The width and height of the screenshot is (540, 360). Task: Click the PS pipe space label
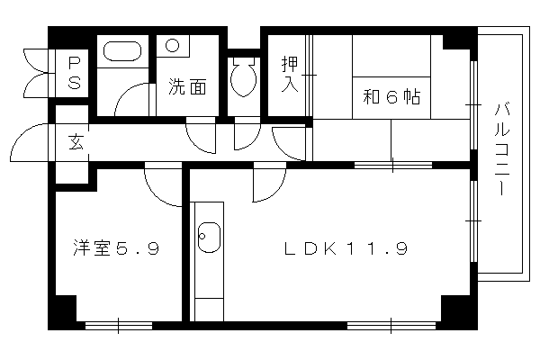click(75, 73)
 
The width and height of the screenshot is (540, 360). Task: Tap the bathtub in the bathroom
click(122, 51)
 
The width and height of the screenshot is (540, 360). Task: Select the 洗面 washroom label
click(187, 86)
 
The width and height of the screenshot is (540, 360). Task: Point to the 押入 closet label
click(290, 74)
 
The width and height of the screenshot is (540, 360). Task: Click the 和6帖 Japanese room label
click(391, 97)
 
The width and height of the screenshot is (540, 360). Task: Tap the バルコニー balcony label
click(503, 148)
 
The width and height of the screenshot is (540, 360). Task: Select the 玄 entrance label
click(76, 142)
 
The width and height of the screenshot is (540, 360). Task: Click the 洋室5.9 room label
click(116, 247)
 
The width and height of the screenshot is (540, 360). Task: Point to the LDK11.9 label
click(346, 248)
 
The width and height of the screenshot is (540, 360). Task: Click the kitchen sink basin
click(209, 237)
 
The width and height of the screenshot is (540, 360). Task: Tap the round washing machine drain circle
click(172, 45)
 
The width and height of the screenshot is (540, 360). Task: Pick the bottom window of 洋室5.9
click(119, 326)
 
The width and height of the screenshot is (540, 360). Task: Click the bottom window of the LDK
click(391, 326)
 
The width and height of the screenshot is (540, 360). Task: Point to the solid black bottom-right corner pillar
click(459, 312)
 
